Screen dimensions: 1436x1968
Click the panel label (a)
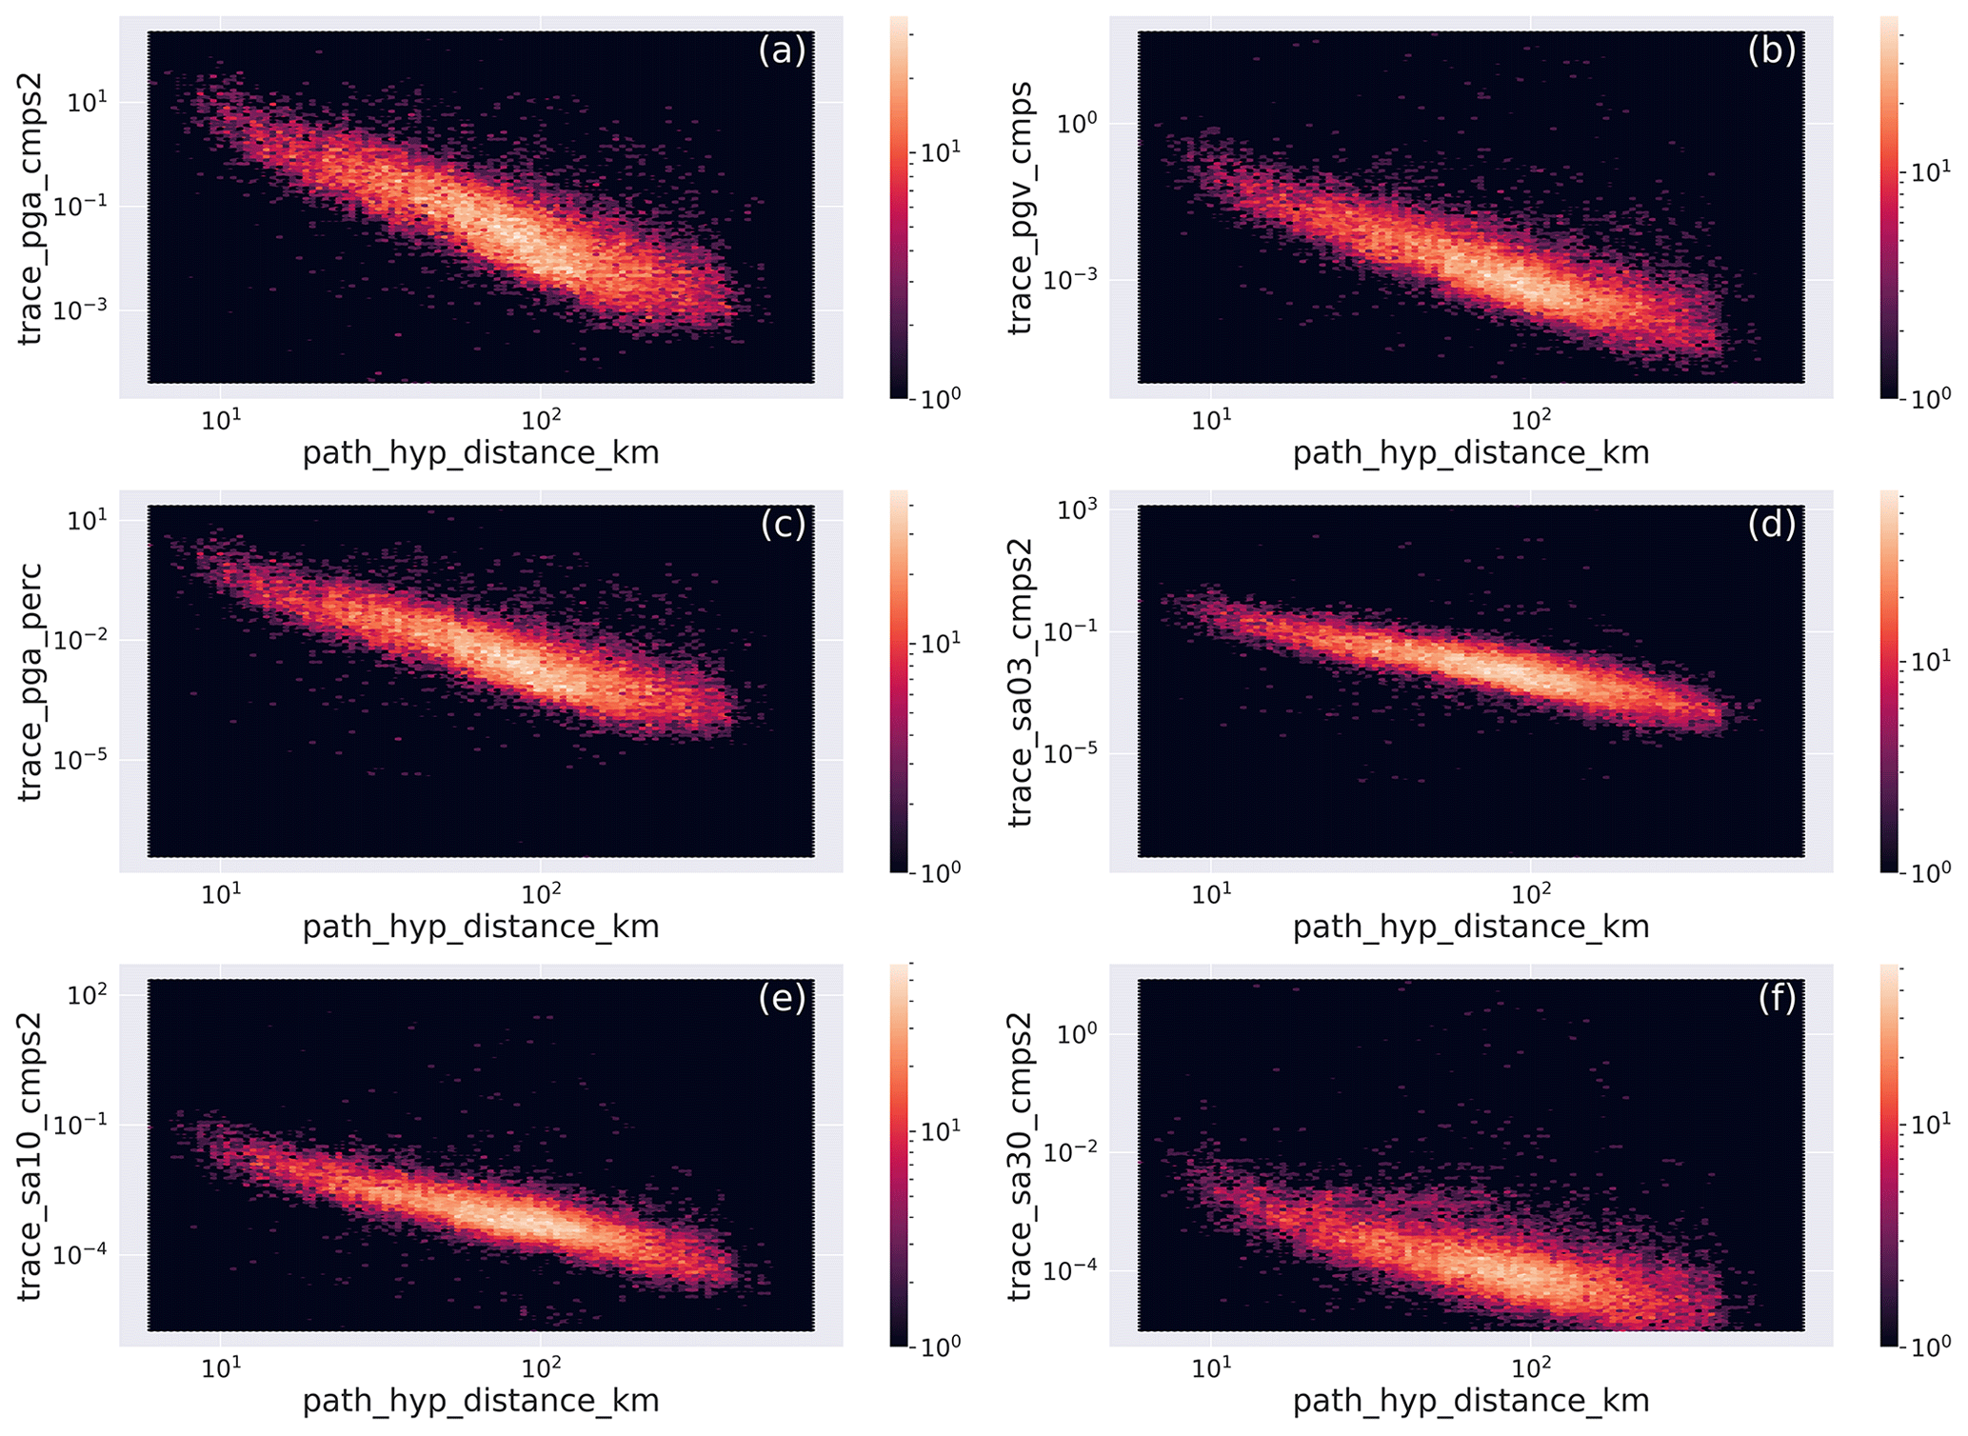(782, 50)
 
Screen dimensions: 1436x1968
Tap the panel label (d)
(1772, 524)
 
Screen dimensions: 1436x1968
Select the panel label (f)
(1777, 998)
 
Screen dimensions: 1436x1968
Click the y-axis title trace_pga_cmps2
(30, 209)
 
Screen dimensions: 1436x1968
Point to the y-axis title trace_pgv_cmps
(1021, 209)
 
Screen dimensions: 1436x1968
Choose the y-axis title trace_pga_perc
(30, 682)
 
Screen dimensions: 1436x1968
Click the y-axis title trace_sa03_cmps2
(1021, 682)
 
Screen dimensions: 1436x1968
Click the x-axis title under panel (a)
(481, 452)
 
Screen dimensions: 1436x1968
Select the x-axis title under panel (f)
(1471, 1400)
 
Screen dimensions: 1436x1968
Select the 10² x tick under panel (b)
(1530, 420)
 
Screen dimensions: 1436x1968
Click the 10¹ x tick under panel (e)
(221, 1367)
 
